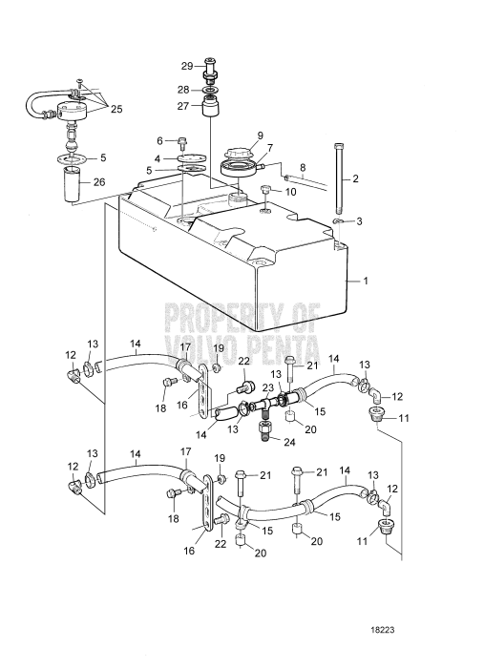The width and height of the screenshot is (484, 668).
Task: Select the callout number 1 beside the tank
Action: [x=365, y=282]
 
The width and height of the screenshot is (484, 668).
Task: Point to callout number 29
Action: [x=187, y=66]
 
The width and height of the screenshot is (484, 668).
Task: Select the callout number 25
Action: [x=116, y=109]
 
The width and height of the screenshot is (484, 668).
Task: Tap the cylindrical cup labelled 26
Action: [x=73, y=184]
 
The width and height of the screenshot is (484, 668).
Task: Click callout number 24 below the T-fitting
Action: [x=289, y=442]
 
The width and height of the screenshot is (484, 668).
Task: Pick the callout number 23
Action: [x=267, y=387]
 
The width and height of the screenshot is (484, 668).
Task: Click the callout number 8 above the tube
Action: [x=303, y=167]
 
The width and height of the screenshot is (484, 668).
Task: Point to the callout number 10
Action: [x=289, y=192]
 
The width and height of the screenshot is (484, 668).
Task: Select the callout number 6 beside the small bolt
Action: [x=160, y=140]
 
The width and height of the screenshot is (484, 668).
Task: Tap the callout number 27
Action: [x=182, y=106]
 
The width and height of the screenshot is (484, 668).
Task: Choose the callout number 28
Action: [x=183, y=90]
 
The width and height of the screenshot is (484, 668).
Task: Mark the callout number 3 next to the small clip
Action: [x=359, y=222]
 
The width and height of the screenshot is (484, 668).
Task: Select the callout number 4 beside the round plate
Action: [x=158, y=159]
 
